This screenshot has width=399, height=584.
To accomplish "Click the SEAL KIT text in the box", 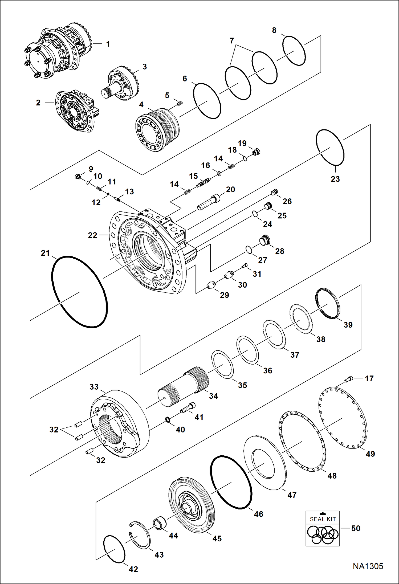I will click(x=323, y=519).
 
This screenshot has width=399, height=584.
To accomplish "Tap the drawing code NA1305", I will click(x=368, y=566).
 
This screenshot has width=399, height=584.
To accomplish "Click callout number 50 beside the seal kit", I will click(x=356, y=528).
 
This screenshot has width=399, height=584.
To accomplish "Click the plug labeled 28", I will click(x=264, y=240).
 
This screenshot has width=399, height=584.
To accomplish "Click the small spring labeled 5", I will click(x=180, y=103).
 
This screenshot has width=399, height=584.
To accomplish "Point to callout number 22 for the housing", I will click(x=92, y=235).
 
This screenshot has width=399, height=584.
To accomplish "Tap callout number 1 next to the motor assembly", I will click(x=108, y=44).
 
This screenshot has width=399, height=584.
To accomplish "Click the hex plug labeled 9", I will click(x=78, y=176).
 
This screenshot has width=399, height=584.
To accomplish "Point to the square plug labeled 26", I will click(x=274, y=192).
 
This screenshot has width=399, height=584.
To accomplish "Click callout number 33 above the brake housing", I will click(x=94, y=387).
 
